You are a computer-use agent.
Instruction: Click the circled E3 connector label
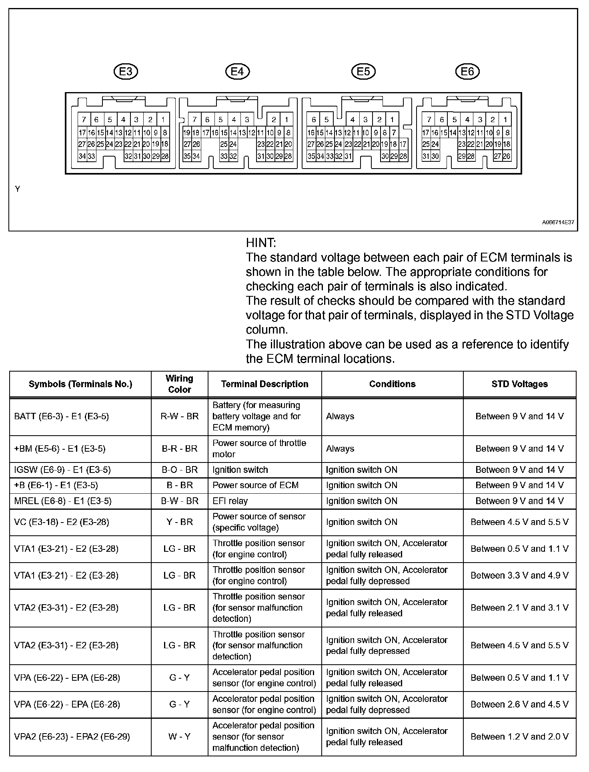[x=126, y=72]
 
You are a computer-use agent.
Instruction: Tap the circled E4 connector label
[x=237, y=72]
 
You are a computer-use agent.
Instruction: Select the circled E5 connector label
[x=363, y=72]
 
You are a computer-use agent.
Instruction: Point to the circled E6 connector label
[x=467, y=72]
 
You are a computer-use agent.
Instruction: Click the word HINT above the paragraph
[x=261, y=243]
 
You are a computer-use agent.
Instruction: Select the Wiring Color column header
[x=179, y=384]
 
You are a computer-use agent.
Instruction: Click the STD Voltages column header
[x=519, y=384]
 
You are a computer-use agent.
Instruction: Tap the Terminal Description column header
[x=264, y=384]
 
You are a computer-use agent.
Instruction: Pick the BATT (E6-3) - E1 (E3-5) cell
[x=61, y=416]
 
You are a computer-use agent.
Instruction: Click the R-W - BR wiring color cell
[x=179, y=416]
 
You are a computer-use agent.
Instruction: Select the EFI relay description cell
[x=230, y=501]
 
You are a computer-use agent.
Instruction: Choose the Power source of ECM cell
[x=255, y=485]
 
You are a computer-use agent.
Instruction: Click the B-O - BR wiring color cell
[x=179, y=470]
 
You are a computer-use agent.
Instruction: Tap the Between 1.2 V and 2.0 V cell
[x=519, y=736]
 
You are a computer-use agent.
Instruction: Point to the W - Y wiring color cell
[x=179, y=736]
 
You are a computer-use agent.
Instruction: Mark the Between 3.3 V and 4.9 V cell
[x=519, y=575]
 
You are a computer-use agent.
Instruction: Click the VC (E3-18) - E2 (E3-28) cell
[x=61, y=522]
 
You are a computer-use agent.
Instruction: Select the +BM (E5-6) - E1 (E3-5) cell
[x=60, y=449]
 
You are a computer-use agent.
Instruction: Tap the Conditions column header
[x=392, y=384]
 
